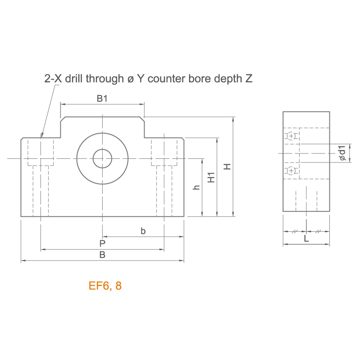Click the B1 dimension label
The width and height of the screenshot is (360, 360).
point(102,99)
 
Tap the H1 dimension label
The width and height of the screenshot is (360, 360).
point(211,177)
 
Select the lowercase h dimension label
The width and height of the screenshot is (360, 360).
point(196,187)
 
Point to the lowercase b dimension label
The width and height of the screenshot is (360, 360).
point(143,231)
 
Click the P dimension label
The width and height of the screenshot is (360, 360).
point(103,243)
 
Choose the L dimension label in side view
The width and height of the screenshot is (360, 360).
point(306,238)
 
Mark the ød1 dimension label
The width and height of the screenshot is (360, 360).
point(342,153)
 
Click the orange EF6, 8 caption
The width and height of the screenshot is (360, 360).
point(105,286)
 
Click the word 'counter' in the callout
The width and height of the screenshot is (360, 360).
point(166,79)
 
